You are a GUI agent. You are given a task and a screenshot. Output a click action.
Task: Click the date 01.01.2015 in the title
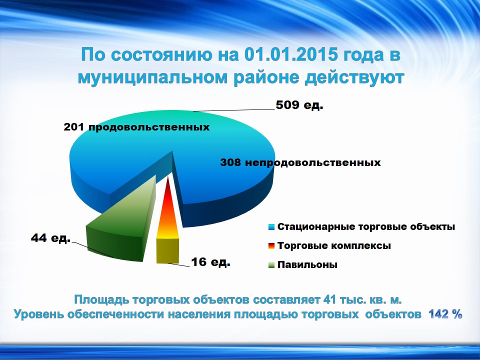(x=291, y=55)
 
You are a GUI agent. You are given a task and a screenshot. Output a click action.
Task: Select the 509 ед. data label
(x=299, y=105)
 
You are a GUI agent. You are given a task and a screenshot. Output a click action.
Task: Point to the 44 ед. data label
(x=51, y=238)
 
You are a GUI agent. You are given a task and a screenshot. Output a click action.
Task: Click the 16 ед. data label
(x=210, y=262)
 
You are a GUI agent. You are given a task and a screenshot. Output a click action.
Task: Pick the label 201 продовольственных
(x=136, y=127)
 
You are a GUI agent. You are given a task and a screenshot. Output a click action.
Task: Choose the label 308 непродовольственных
(x=300, y=162)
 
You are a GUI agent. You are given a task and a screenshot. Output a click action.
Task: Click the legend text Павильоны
(x=307, y=265)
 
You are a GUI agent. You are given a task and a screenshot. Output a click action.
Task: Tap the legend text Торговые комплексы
(x=334, y=246)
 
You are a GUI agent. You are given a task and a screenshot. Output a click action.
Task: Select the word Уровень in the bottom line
(x=38, y=314)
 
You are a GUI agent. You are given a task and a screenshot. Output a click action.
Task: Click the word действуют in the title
(x=354, y=78)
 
